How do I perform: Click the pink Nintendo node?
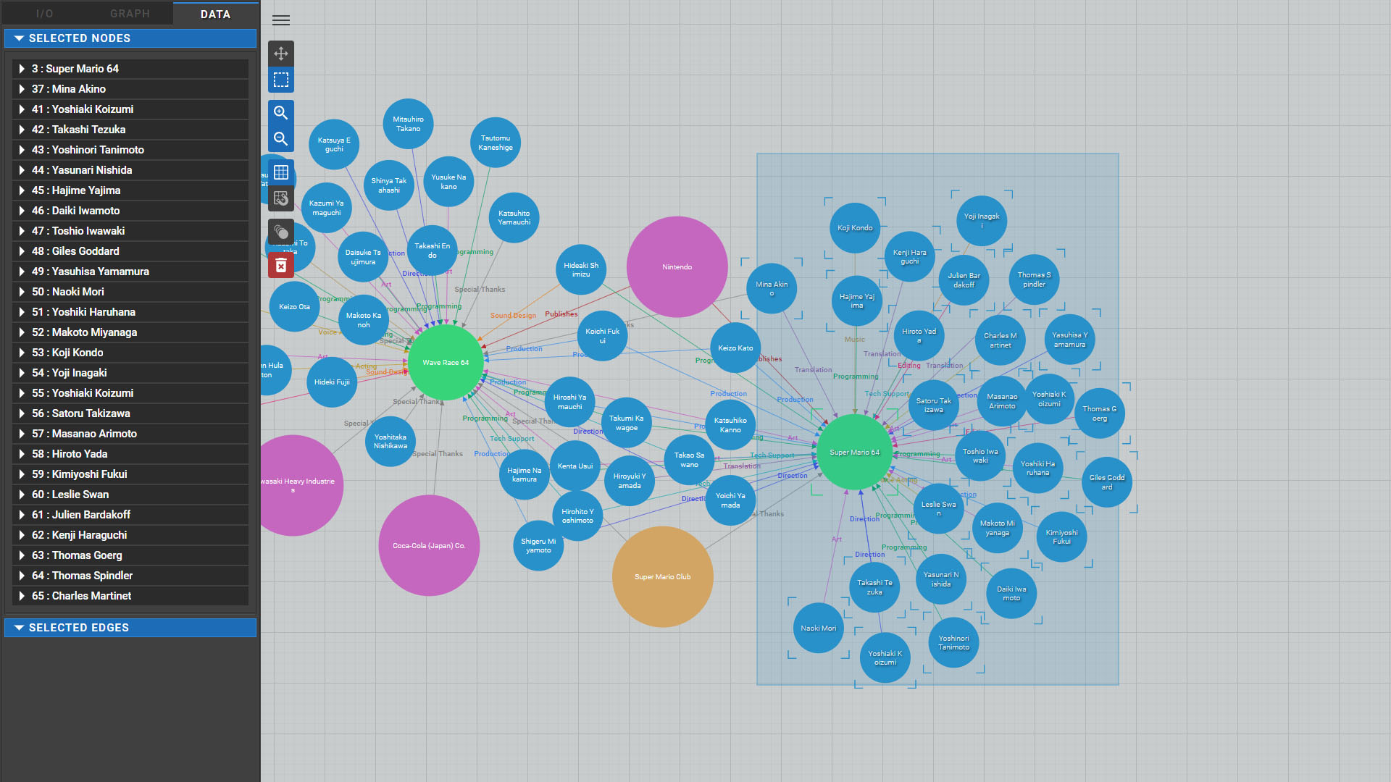click(677, 267)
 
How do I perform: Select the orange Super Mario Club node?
click(662, 576)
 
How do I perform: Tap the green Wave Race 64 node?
click(446, 362)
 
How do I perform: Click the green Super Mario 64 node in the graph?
click(854, 453)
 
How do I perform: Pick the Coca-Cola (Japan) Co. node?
click(429, 545)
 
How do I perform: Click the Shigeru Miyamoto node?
click(538, 545)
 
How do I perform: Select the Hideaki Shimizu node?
click(581, 269)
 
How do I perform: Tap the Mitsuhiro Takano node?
click(408, 124)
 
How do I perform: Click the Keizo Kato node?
click(735, 348)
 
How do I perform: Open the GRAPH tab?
click(130, 14)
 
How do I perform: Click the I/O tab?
click(44, 14)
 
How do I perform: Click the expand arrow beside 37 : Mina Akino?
click(22, 89)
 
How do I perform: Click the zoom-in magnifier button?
click(281, 113)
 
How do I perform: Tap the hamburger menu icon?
click(281, 20)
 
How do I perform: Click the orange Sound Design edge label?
click(513, 316)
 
